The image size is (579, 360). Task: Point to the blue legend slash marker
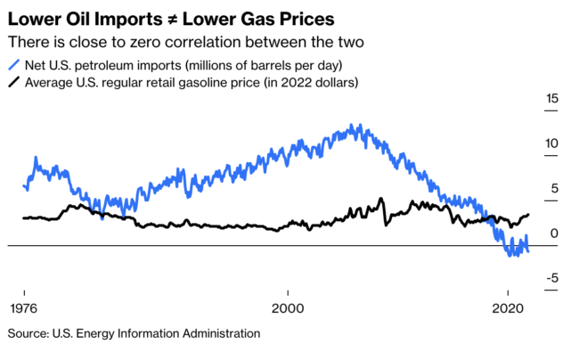[13, 65]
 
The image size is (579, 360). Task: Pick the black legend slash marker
[13, 83]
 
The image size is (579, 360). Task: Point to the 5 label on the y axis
[554, 188]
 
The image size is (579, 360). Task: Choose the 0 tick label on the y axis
[554, 233]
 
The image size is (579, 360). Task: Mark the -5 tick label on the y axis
[551, 278]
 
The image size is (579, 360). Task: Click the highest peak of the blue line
[358, 126]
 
